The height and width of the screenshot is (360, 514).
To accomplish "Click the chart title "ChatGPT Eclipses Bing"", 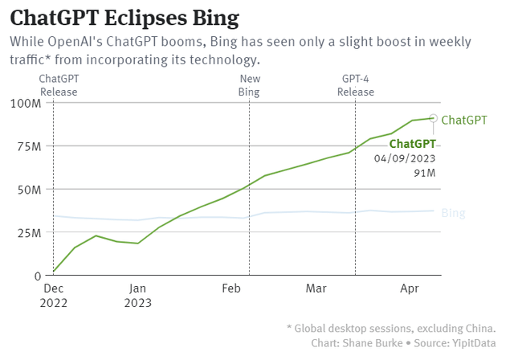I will pyautogui.click(x=124, y=17).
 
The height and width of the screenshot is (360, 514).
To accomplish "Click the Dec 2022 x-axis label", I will pyautogui.click(x=53, y=295).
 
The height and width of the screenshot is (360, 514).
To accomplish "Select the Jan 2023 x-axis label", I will pyautogui.click(x=137, y=295).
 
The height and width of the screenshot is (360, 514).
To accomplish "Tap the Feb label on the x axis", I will pyautogui.click(x=231, y=287).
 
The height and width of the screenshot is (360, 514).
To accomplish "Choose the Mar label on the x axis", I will pyautogui.click(x=316, y=287).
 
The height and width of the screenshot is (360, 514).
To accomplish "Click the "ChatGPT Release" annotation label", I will pyautogui.click(x=59, y=84).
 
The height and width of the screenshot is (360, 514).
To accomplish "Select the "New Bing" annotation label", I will pyautogui.click(x=250, y=84).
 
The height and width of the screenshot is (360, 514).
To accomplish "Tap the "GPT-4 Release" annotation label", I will pyautogui.click(x=355, y=84).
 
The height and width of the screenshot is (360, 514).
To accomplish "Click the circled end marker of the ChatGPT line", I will pyautogui.click(x=434, y=118).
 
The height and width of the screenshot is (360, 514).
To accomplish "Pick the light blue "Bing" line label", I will pyautogui.click(x=453, y=213).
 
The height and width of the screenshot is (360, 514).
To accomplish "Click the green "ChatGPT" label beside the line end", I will pyautogui.click(x=464, y=120).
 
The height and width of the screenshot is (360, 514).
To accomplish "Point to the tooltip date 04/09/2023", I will pyautogui.click(x=405, y=157).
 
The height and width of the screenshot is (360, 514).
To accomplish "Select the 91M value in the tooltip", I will pyautogui.click(x=425, y=172).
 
